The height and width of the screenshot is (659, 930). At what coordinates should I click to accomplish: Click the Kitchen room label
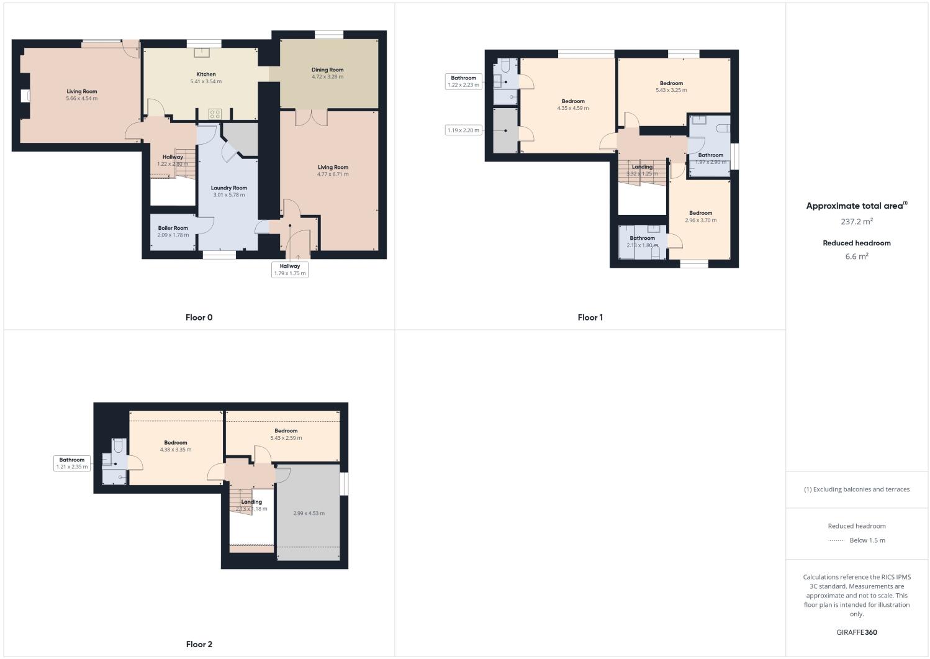coord(205,75)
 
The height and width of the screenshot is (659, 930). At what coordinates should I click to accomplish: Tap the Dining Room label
coord(327,70)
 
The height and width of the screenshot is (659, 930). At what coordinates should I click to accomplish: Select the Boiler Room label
coord(173,228)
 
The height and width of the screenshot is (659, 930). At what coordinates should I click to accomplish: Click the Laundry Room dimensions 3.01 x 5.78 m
coord(228,195)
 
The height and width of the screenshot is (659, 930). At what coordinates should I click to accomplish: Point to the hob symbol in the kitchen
coord(215,114)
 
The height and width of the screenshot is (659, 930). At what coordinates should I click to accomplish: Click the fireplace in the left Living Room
coord(25,96)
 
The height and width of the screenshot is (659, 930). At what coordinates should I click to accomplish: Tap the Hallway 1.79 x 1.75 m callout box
coord(290,270)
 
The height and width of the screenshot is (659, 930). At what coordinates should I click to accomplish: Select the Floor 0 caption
coord(199,317)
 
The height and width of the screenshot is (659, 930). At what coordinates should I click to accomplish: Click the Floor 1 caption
coord(590,317)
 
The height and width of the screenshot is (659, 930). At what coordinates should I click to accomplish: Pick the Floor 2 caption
coord(199,644)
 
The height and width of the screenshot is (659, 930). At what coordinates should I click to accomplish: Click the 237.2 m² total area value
coord(856,221)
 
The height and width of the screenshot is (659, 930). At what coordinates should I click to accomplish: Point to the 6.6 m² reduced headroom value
coord(856,256)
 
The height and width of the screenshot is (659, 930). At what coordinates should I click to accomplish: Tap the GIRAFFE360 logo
coord(856,632)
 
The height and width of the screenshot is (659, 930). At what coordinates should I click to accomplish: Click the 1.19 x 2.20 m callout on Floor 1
coord(464,130)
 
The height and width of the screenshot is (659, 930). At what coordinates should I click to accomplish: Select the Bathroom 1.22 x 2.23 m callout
coord(464,81)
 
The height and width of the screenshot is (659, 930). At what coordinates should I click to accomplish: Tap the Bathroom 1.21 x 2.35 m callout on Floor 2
coord(72,463)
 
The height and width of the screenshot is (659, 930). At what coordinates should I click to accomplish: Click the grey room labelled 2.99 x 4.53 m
coord(309,513)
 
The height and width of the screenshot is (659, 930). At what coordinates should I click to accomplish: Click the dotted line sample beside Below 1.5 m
coord(836,541)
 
